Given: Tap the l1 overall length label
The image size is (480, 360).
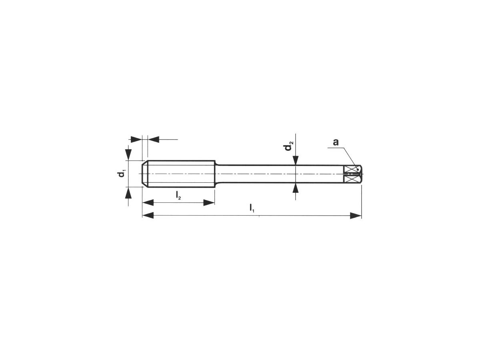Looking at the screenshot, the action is pos(252,208).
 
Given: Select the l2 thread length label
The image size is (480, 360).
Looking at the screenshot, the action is pos(178,195).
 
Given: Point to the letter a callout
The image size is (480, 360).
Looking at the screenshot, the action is pos(336,142).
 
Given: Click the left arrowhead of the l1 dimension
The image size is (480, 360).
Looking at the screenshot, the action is pos(148,216).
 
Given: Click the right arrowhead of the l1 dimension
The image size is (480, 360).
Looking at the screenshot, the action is pos(356,216).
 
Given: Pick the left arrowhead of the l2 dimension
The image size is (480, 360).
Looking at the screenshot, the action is pos(148,203).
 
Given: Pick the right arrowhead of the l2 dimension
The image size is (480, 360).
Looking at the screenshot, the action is pos(209,203).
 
